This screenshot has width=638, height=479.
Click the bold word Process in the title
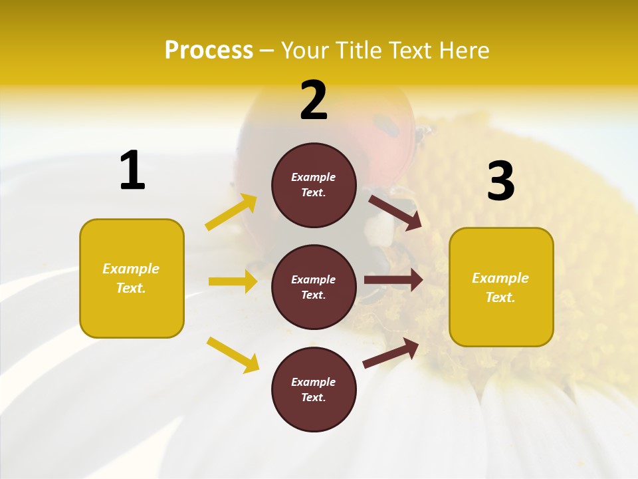[209, 50]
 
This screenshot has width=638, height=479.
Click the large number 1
[132, 171]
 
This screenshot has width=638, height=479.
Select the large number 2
[314, 100]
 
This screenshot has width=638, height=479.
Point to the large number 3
[500, 182]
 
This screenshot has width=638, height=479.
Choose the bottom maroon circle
[314, 412]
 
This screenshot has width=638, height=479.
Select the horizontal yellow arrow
[233, 281]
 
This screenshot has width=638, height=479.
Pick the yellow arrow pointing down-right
[233, 355]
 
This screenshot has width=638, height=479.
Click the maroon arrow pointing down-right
[395, 212]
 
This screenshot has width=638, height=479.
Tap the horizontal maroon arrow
[393, 280]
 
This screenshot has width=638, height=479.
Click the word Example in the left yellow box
[131, 269]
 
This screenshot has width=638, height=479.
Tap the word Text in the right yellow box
[499, 297]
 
